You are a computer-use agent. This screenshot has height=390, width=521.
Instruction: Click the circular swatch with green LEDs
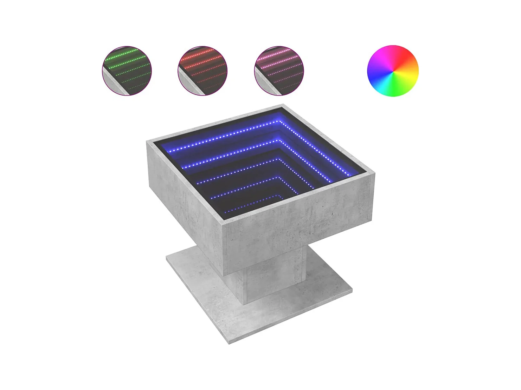pos(127,71)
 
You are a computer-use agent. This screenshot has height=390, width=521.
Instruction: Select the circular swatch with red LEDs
pos(202,71)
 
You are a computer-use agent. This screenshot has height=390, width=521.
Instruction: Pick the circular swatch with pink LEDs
pos(279,71)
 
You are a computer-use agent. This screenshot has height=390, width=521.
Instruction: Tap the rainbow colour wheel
pos(393,71)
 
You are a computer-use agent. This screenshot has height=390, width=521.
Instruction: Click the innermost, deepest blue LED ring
pos(253,207)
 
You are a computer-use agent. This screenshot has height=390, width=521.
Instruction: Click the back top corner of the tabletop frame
pos(283,105)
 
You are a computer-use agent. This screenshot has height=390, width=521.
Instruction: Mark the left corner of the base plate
pos(167,258)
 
